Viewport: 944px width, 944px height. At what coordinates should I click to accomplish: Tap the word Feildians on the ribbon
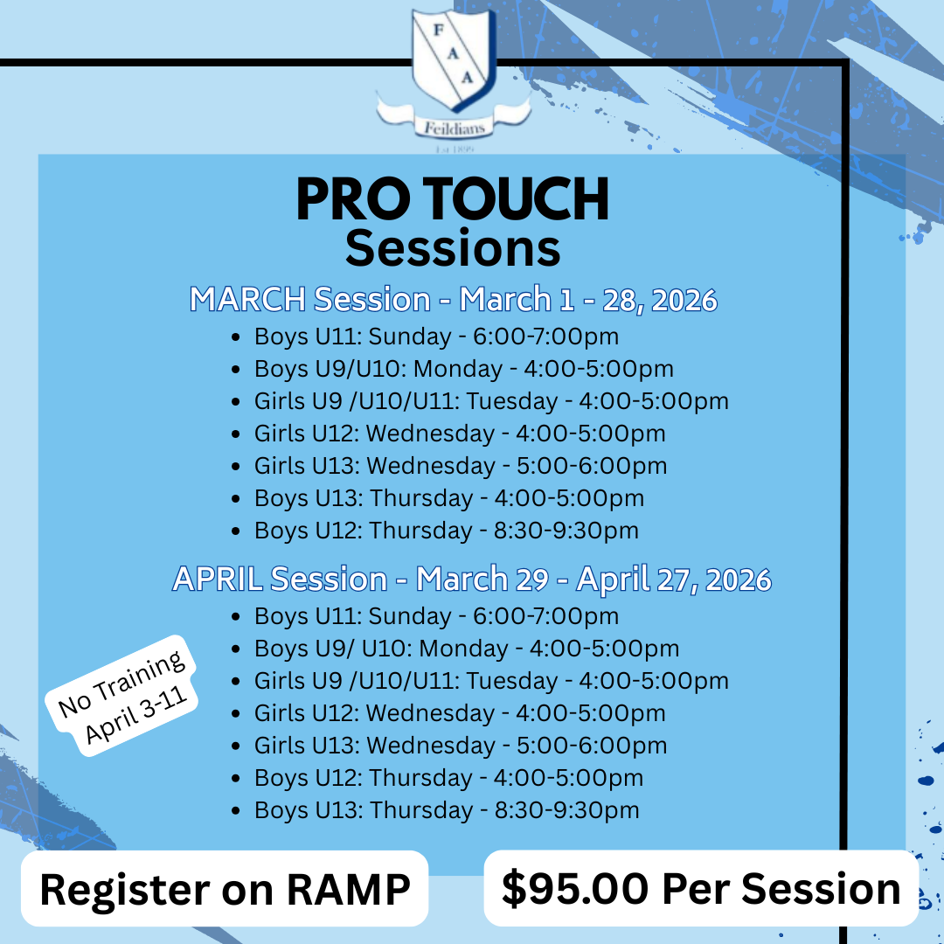click(454, 128)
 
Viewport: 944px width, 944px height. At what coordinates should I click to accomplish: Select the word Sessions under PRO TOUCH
click(453, 248)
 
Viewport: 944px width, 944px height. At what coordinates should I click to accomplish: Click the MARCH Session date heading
click(453, 299)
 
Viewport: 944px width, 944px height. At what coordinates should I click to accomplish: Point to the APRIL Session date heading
click(472, 580)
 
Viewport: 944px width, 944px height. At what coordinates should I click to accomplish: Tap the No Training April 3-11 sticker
click(121, 696)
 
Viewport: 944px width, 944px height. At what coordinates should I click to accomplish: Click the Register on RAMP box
click(225, 889)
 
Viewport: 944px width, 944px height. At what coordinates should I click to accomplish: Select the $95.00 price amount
click(575, 889)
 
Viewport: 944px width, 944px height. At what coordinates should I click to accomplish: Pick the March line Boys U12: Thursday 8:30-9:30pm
click(446, 531)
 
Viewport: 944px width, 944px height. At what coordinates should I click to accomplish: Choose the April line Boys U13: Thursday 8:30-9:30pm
click(446, 809)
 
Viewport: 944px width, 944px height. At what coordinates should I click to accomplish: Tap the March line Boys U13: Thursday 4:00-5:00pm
click(449, 498)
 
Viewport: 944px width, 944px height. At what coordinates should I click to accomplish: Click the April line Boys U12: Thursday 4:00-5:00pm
click(448, 777)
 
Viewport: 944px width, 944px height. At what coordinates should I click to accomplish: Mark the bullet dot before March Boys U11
click(235, 337)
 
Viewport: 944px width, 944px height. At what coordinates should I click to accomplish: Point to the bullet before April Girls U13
click(235, 746)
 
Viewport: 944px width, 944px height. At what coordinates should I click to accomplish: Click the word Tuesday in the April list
click(511, 680)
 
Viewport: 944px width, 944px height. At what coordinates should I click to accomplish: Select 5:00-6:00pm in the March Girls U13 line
click(592, 465)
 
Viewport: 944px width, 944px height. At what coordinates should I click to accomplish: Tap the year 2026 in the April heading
click(738, 580)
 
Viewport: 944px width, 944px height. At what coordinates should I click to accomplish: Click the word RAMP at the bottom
click(349, 889)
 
